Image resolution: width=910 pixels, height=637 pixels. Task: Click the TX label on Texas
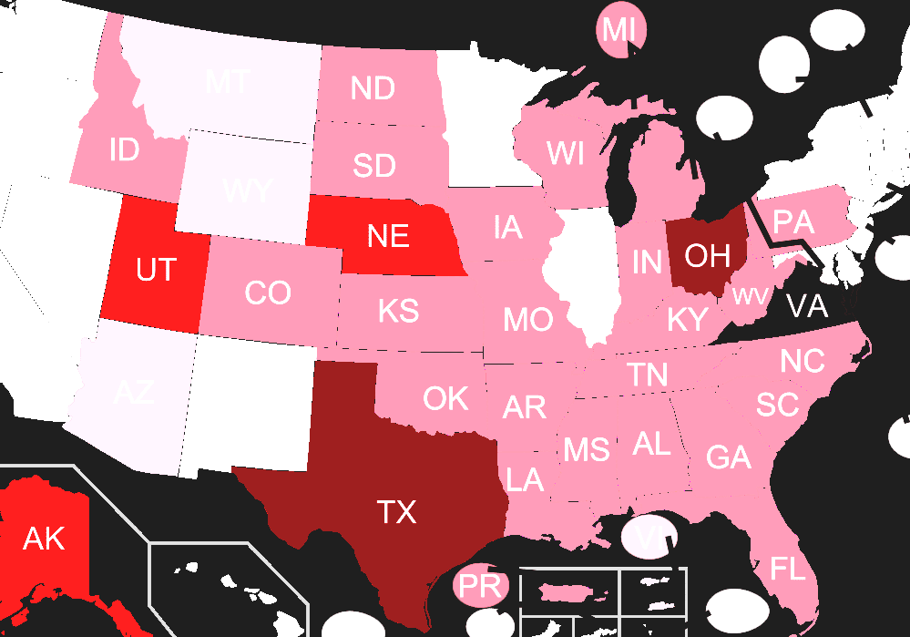point(396,512)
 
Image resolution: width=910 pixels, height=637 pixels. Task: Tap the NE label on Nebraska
point(388,237)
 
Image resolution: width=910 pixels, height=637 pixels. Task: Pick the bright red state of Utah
point(155,270)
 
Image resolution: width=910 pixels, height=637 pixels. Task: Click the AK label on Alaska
point(44,539)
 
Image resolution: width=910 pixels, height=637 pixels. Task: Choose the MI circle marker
point(619,30)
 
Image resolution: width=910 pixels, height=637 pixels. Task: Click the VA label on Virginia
point(807,306)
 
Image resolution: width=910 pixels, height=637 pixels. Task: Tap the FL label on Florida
point(788,570)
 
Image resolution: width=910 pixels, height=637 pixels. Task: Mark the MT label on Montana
point(227,82)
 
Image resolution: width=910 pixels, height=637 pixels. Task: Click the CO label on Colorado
point(268,293)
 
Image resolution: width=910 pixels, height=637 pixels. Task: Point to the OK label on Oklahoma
point(445,398)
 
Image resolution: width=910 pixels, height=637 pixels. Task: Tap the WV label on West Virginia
point(749,296)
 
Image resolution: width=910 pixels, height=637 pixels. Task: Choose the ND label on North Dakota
point(372,88)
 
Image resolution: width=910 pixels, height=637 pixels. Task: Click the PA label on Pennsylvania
point(793,221)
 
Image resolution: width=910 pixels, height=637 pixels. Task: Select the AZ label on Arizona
point(134,392)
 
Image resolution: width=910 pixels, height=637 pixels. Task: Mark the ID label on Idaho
point(124,149)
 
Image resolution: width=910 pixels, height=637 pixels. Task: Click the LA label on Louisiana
point(525,479)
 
